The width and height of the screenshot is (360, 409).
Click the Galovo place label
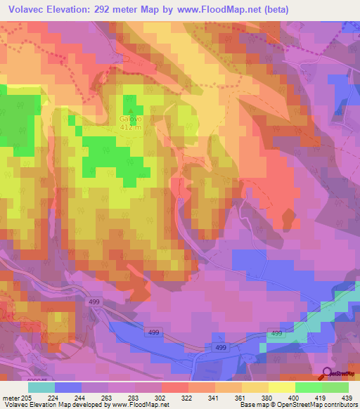pyautogui.click(x=131, y=119)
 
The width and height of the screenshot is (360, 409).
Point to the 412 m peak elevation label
pyautogui.click(x=131, y=127)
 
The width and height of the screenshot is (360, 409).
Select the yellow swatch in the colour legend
pyautogui.click(x=281, y=387)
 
